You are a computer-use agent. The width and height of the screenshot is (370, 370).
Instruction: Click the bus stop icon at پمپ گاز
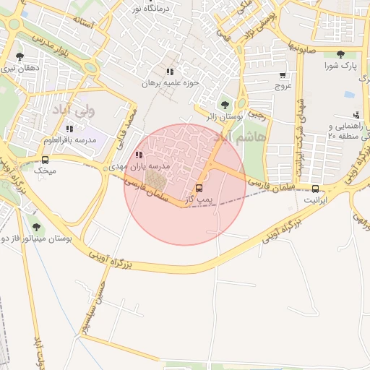pos(199,189)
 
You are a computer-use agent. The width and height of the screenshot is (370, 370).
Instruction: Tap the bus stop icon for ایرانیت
pos(315,189)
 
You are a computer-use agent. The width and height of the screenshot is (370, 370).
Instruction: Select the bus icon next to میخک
pos(46,160)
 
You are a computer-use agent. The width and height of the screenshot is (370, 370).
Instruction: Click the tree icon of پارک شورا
pos(340,54)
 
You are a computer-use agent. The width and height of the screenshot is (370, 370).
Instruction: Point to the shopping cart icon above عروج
pos(282,74)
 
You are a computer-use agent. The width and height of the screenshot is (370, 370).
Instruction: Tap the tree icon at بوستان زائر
pos(223,106)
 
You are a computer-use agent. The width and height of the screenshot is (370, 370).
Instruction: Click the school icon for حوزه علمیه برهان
pos(170,72)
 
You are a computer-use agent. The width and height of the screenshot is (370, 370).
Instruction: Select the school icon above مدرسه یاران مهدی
pos(139,155)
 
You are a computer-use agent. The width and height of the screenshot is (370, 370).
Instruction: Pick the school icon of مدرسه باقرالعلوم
pos(69,128)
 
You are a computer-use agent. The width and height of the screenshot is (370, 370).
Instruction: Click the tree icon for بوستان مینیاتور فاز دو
pos(36,227)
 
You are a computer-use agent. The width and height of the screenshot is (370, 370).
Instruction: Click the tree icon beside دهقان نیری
pos(20,56)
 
